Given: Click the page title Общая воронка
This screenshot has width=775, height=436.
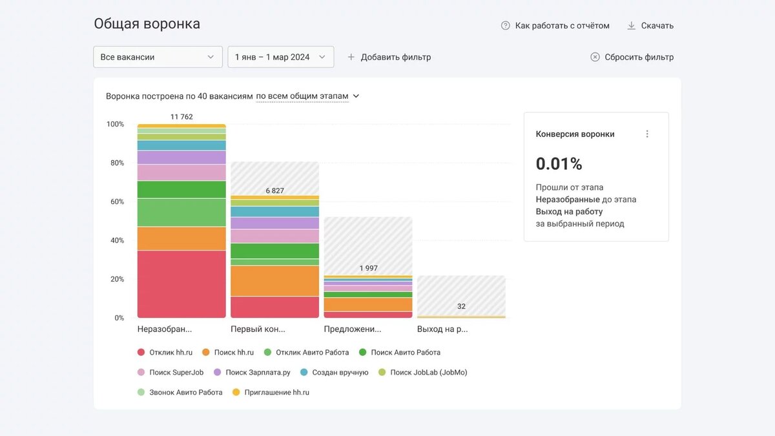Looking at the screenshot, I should [x=147, y=24].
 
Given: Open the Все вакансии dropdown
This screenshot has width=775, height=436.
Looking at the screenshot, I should [x=158, y=57].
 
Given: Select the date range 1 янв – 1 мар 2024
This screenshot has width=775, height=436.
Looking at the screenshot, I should [x=280, y=57].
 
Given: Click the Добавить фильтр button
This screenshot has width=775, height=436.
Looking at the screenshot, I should [x=389, y=57].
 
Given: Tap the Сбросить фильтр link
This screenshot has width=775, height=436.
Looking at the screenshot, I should [x=632, y=57].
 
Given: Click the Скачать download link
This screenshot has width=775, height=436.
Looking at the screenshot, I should [x=650, y=26].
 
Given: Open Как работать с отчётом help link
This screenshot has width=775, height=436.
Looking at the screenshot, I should [x=555, y=26].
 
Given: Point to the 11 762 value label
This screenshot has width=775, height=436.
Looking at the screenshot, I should [x=181, y=117].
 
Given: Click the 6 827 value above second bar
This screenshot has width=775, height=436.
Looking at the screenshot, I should [x=274, y=191].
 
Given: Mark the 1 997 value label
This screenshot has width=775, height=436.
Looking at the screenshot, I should [x=368, y=268].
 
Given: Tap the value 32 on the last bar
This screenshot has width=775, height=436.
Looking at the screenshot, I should [x=461, y=306].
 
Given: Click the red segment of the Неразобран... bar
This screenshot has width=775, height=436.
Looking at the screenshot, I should [x=181, y=284].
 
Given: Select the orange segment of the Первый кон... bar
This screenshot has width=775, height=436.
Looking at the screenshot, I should [x=274, y=281].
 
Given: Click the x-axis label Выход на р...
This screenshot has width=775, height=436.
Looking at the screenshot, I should [x=442, y=329].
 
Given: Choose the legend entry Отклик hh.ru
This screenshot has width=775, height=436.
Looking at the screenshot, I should [x=170, y=353].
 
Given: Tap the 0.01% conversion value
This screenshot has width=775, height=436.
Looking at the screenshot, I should [x=559, y=164].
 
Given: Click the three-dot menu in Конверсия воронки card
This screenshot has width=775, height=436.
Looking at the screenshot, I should [x=647, y=134].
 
